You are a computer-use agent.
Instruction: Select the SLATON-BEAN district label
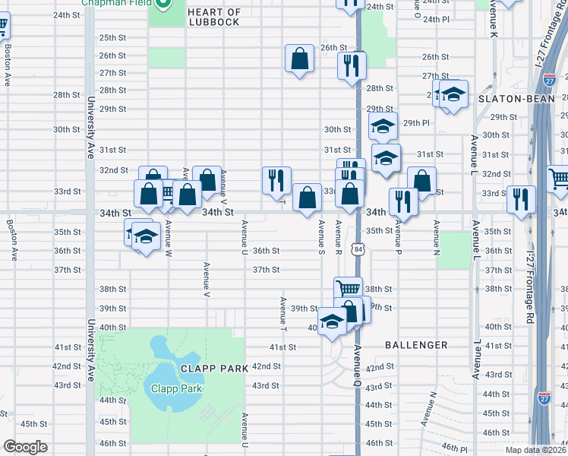(x=508, y=100)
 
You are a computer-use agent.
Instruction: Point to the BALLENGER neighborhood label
(x=416, y=345)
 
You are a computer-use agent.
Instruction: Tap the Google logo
(x=26, y=447)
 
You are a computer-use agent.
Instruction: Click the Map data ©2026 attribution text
(x=536, y=450)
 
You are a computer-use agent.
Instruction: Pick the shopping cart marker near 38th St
(x=348, y=289)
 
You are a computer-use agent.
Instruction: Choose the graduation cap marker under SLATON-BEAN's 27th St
(x=453, y=95)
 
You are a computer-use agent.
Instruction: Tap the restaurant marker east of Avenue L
(x=520, y=200)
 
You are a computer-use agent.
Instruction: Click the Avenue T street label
(x=282, y=315)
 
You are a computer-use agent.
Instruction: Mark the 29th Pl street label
(x=416, y=122)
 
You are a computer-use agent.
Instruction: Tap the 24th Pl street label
(x=436, y=18)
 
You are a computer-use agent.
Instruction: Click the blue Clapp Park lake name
(x=175, y=388)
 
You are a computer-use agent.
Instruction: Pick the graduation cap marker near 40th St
(x=332, y=322)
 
